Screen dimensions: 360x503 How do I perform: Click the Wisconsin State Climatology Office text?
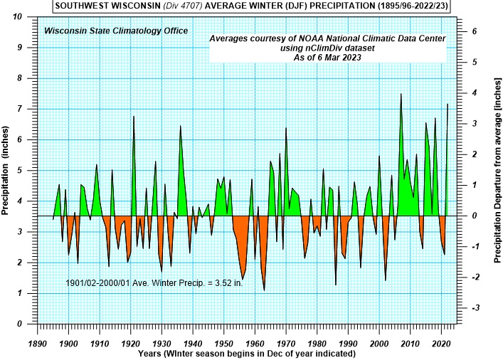116,31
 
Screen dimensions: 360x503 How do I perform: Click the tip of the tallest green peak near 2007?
401,94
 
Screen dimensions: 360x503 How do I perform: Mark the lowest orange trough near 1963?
264,290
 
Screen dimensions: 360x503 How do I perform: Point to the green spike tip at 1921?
134,116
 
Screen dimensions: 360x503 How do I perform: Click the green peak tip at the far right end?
448,104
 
